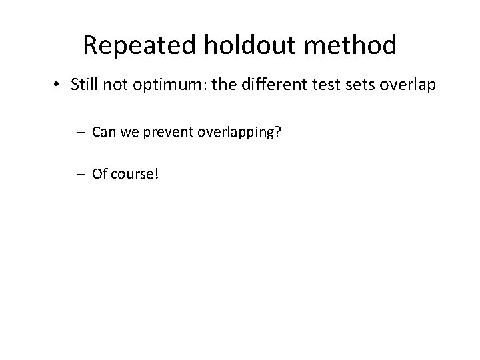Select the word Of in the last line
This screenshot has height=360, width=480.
click(x=100, y=174)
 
